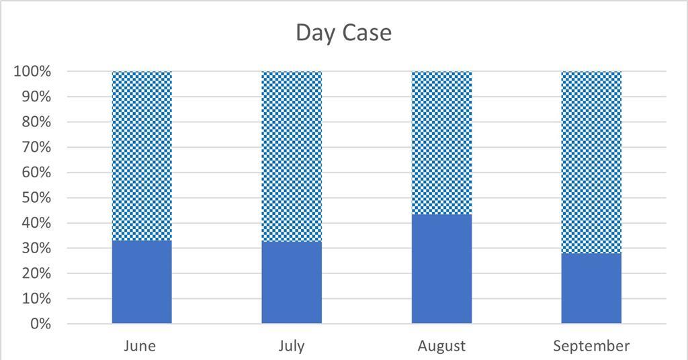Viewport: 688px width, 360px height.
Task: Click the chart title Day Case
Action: (343, 33)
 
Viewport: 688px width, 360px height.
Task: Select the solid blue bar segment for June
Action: (142, 282)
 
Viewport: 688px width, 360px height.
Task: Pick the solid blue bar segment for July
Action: (292, 283)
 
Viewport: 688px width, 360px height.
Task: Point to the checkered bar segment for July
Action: (292, 156)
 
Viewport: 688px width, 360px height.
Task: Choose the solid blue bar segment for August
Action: (441, 269)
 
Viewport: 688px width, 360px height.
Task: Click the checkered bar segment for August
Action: (441, 142)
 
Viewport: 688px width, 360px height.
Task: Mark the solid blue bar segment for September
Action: (591, 288)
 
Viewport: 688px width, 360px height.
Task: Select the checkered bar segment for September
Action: (591, 162)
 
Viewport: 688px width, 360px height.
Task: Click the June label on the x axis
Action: (140, 346)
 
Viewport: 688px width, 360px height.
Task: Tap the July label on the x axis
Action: (292, 346)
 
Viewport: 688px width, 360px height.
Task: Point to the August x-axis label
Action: (441, 346)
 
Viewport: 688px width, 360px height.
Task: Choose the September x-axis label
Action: (591, 346)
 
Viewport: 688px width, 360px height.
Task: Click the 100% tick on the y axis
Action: (32, 71)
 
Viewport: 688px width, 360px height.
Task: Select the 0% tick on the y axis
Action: (41, 324)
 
